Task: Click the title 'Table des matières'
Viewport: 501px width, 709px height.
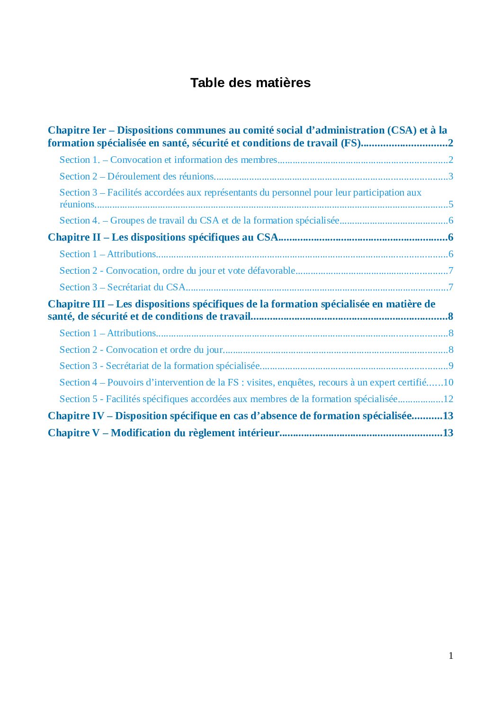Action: point(250,83)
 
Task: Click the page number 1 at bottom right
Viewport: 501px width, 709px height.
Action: point(451,656)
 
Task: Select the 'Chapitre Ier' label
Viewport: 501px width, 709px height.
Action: point(77,130)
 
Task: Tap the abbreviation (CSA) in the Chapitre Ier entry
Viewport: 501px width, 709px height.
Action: point(402,130)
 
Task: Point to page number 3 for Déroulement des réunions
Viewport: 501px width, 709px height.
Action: point(451,177)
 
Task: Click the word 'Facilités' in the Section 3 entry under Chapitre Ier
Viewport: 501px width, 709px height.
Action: point(125,193)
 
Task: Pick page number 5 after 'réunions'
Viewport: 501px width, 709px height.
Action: point(451,205)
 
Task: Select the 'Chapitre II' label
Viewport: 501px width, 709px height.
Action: point(74,237)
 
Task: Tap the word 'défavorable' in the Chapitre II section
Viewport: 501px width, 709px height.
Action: point(271,271)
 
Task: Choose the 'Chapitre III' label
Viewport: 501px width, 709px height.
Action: point(76,304)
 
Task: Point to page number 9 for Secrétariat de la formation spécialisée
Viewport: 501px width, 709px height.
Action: point(451,366)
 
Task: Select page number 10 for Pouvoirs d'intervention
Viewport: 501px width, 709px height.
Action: point(448,383)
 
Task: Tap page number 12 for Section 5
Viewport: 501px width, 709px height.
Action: point(448,399)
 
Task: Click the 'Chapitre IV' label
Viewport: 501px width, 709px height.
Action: point(76,416)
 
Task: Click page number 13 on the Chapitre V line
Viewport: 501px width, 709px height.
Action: point(447,433)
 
